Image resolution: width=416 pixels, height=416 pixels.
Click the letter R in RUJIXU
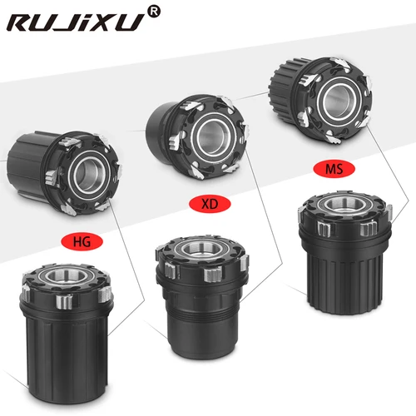(24, 23)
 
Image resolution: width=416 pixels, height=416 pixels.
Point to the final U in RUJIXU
(133, 23)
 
